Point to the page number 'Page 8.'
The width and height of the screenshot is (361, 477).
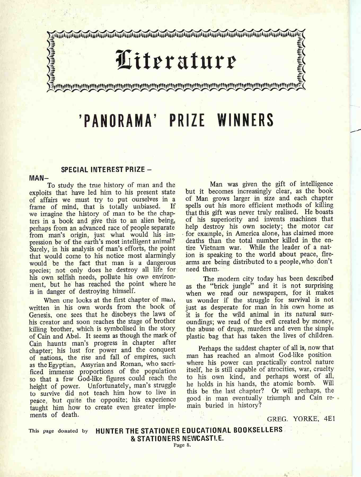click(182, 445)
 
